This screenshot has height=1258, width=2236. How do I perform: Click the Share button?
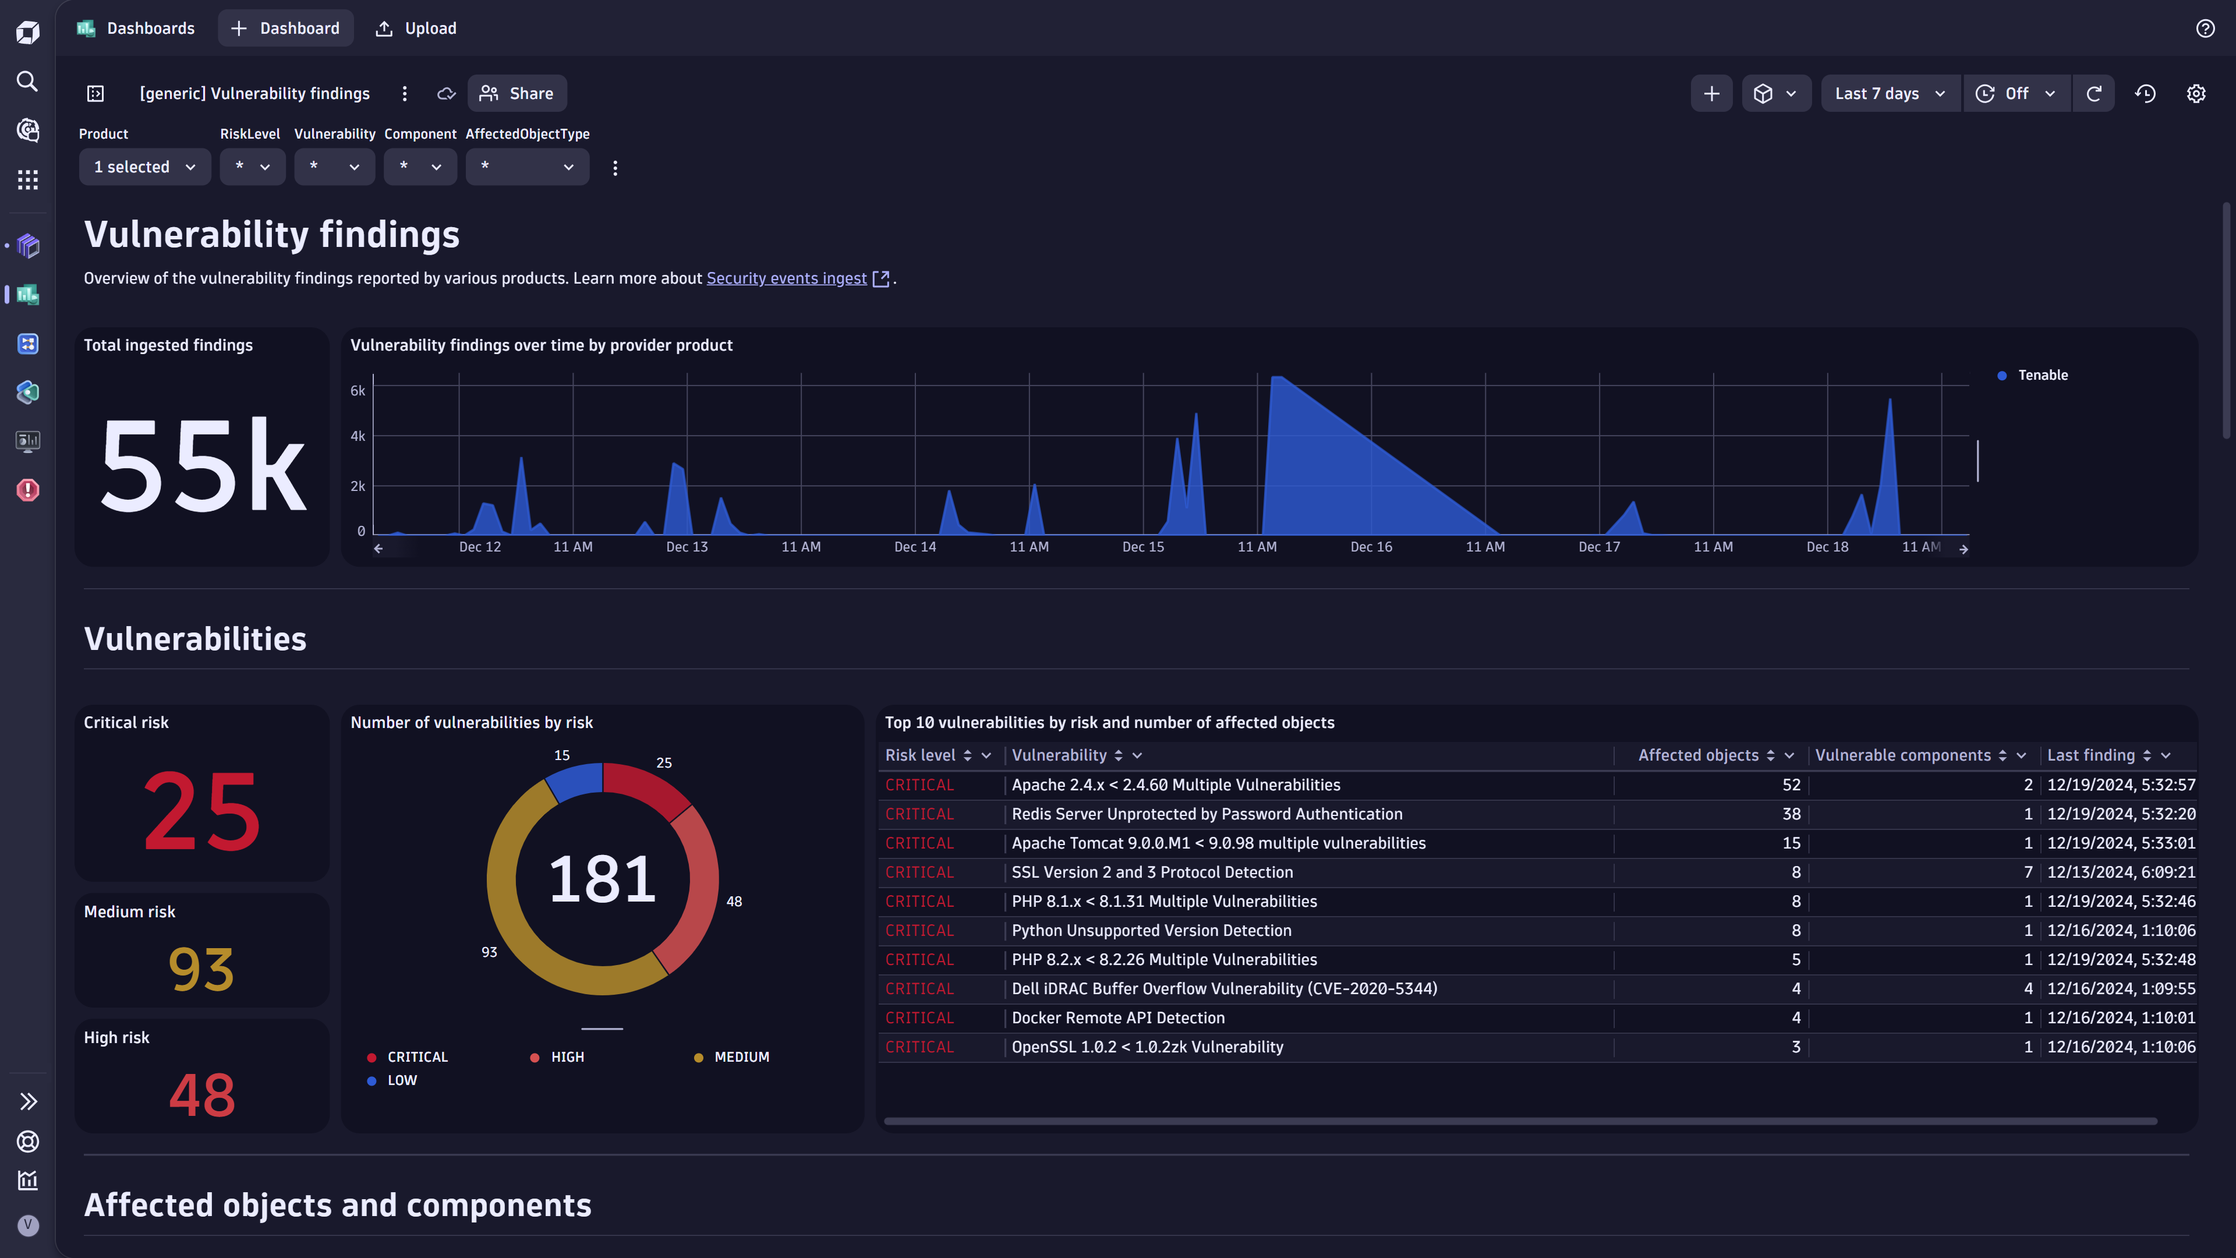coord(516,94)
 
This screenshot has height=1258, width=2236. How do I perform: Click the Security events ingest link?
coord(787,279)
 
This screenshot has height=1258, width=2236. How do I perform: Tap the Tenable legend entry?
coord(2042,375)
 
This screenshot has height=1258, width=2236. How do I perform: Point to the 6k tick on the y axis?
coord(358,391)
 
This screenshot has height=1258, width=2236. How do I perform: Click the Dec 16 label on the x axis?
coord(1371,547)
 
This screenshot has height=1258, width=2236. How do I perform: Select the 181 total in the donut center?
coord(603,879)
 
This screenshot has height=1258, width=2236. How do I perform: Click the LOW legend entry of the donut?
coord(401,1080)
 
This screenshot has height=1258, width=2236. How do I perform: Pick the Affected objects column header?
coord(1698,755)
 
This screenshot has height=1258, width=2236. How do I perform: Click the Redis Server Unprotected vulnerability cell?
coord(1207,814)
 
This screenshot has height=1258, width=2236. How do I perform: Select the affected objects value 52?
coord(1791,785)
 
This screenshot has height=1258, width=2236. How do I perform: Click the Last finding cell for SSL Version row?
coord(2121,872)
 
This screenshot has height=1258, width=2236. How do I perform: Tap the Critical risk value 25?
coord(202,810)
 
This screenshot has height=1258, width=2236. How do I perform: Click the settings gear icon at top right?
coord(2195,94)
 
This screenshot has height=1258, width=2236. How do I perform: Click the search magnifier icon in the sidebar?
coord(28,82)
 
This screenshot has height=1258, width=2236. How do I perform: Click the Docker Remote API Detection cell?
coord(1118,1017)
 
